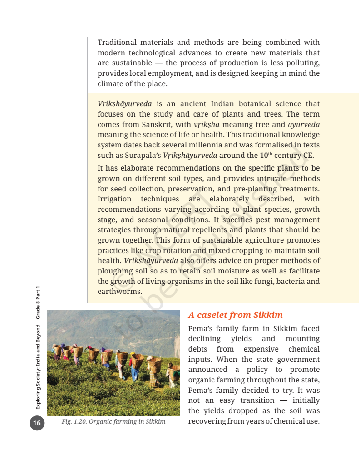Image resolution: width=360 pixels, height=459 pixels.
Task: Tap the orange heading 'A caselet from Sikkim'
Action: [x=235, y=315]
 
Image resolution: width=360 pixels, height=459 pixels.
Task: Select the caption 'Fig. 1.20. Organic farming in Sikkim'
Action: [x=113, y=422]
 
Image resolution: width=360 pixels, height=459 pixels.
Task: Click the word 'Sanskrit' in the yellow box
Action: [x=157, y=124]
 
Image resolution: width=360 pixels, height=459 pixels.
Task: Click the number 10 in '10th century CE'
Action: [x=261, y=156]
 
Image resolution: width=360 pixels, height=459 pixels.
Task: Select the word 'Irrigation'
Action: [x=114, y=199]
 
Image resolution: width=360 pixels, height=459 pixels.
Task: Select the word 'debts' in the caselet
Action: [x=199, y=349]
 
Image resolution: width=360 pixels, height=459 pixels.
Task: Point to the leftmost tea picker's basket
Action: [x=57, y=350]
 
